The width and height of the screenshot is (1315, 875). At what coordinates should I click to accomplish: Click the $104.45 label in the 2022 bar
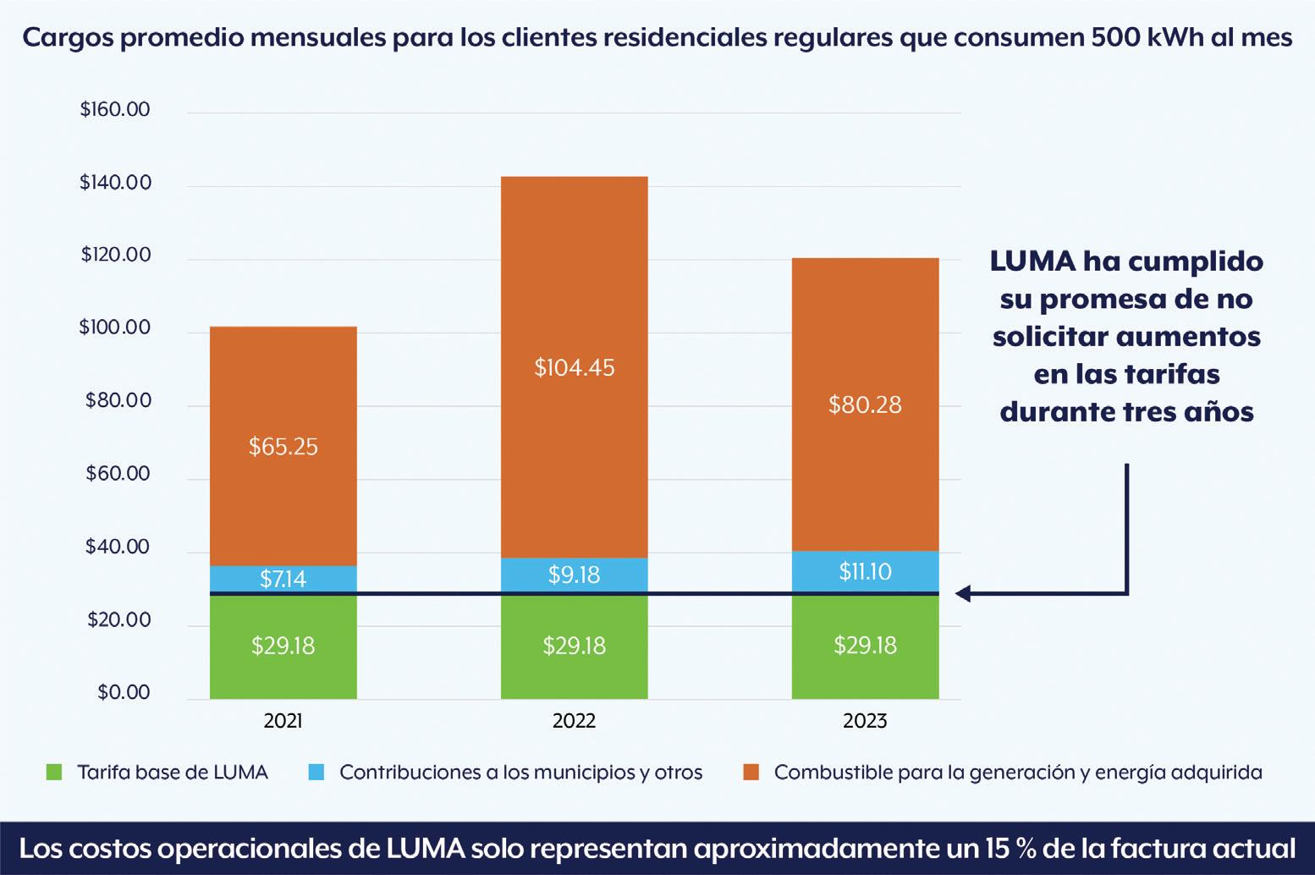click(575, 368)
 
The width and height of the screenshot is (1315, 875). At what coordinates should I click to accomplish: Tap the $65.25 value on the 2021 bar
click(283, 447)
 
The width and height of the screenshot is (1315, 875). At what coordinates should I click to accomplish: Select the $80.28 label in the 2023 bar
click(865, 404)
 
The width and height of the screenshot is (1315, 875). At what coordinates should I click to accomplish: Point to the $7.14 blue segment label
click(283, 579)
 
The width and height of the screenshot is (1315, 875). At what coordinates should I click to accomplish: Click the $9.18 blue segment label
click(575, 575)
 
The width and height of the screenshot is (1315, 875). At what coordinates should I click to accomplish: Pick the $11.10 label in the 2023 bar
click(865, 572)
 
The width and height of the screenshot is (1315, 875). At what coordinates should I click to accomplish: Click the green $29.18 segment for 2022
click(575, 647)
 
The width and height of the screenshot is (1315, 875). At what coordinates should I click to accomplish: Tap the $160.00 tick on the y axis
click(115, 110)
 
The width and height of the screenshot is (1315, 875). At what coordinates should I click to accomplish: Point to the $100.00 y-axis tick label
click(115, 327)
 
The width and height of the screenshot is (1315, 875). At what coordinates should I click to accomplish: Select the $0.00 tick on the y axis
click(124, 692)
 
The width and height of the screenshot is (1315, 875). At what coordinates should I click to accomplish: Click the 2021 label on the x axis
click(283, 721)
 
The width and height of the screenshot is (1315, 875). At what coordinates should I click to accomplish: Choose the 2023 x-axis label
click(865, 721)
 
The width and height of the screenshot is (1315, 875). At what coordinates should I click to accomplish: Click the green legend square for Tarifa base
click(54, 772)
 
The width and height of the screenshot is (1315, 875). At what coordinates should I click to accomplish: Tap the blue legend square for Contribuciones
click(316, 772)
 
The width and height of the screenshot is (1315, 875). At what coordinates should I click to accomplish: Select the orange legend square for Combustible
click(751, 772)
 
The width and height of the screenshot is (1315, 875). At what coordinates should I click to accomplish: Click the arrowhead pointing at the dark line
click(964, 594)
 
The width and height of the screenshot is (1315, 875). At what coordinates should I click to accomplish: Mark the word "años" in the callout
click(1216, 411)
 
